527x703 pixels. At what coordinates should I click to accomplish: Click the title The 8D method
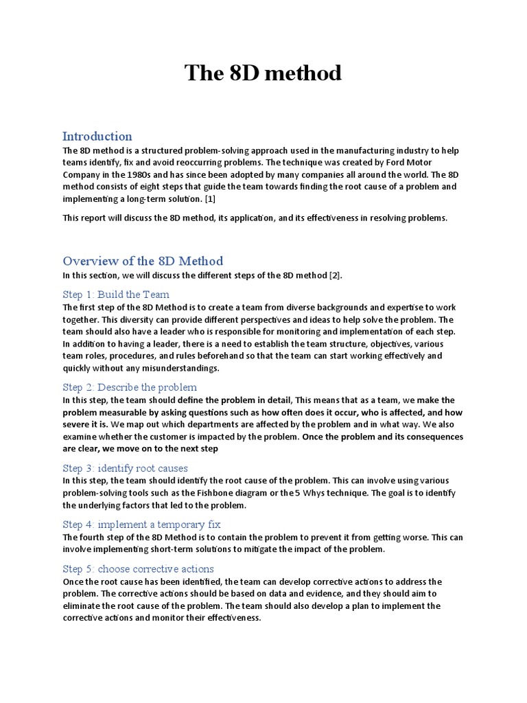pyautogui.click(x=263, y=73)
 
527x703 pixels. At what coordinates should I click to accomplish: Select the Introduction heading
pyautogui.click(x=97, y=136)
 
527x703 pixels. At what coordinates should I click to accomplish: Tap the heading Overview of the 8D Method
pyautogui.click(x=143, y=261)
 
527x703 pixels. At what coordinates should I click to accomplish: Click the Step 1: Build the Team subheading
pyautogui.click(x=116, y=295)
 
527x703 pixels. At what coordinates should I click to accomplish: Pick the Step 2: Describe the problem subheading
pyautogui.click(x=130, y=387)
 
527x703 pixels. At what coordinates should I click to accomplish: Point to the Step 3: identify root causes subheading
pyautogui.click(x=125, y=468)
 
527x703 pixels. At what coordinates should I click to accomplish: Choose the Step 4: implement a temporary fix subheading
pyautogui.click(x=141, y=525)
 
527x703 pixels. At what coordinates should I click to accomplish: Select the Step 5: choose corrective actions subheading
pyautogui.click(x=138, y=569)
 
